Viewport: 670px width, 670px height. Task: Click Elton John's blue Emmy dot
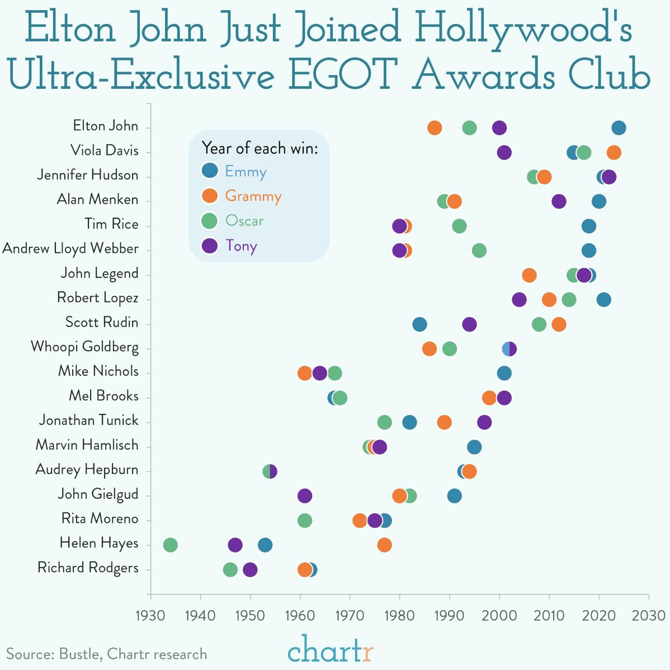point(619,128)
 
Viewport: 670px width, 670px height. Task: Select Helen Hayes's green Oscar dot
point(170,545)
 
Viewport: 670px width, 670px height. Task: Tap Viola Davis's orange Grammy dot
point(614,152)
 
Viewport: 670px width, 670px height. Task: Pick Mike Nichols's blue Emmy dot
point(504,373)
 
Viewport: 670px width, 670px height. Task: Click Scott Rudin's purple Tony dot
point(469,324)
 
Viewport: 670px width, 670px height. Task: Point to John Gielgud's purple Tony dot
point(305,496)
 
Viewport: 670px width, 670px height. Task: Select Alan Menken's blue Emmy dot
point(598,201)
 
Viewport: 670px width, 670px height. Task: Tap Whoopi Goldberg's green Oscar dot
point(449,348)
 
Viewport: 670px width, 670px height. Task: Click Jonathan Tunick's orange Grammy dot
point(444,422)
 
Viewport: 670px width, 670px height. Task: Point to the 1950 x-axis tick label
point(250,616)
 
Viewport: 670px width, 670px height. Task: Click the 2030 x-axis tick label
point(649,616)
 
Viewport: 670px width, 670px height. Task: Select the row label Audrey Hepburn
point(87,470)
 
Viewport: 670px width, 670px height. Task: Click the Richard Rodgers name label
point(88,568)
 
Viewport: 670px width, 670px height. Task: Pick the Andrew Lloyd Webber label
point(70,249)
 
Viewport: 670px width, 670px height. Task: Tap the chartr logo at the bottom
point(330,649)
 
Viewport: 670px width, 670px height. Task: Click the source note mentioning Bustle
point(106,654)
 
